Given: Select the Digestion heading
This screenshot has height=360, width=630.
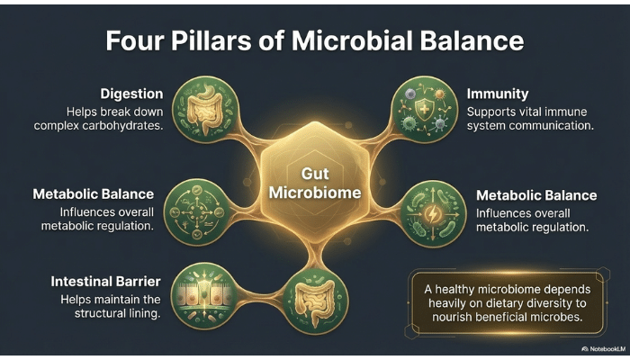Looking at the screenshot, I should pyautogui.click(x=133, y=93).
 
